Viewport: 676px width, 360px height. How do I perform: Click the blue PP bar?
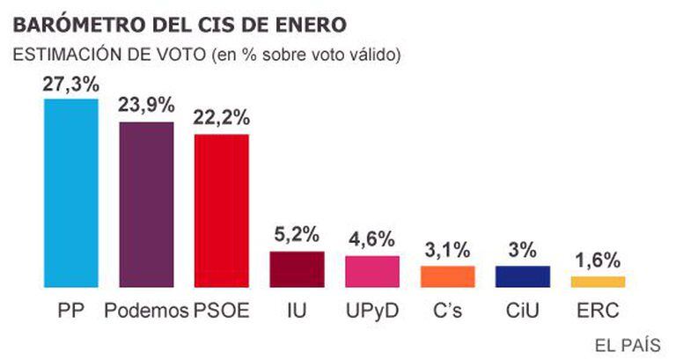click(71, 192)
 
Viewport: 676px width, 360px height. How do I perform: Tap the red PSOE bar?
click(222, 210)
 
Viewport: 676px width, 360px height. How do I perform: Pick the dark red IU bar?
click(297, 269)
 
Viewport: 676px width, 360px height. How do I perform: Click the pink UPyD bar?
click(372, 271)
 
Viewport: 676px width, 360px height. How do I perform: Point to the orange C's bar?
click(448, 276)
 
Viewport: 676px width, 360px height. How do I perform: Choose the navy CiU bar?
click(523, 276)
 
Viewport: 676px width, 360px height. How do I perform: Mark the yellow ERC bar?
click(599, 282)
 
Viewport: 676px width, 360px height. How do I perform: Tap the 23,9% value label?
click(146, 106)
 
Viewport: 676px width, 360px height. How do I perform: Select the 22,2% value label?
click(222, 118)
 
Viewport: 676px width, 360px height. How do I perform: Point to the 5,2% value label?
click(297, 236)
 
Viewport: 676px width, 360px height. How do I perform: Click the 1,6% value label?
click(599, 261)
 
